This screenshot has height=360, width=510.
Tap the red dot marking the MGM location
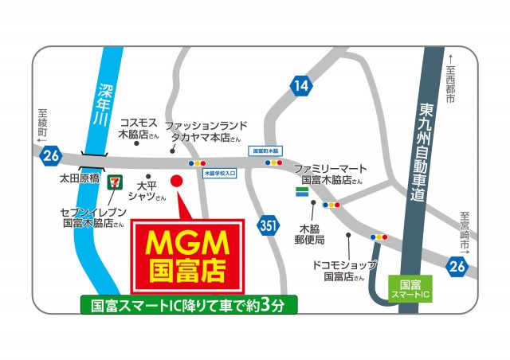coord(178,180)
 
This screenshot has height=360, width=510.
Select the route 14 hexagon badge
coord(300,85)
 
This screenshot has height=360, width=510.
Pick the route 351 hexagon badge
coord(269,226)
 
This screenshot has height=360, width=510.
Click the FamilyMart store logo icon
coord(302,191)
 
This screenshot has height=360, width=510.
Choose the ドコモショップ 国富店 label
coord(345,271)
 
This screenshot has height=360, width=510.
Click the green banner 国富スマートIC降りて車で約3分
coord(188,304)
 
